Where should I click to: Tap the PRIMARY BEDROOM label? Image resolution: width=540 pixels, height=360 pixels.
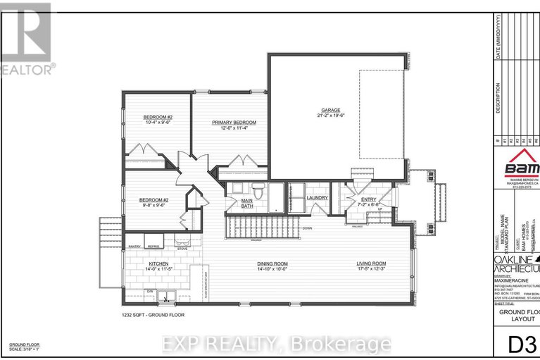click(234, 122)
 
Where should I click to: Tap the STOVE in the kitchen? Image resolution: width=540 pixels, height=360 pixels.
click(182, 247)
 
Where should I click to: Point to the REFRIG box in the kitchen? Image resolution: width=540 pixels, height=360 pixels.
click(153, 246)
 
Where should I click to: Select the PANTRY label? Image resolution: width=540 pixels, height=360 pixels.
click(135, 246)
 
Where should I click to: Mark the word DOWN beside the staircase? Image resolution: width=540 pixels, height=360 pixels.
click(306, 228)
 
